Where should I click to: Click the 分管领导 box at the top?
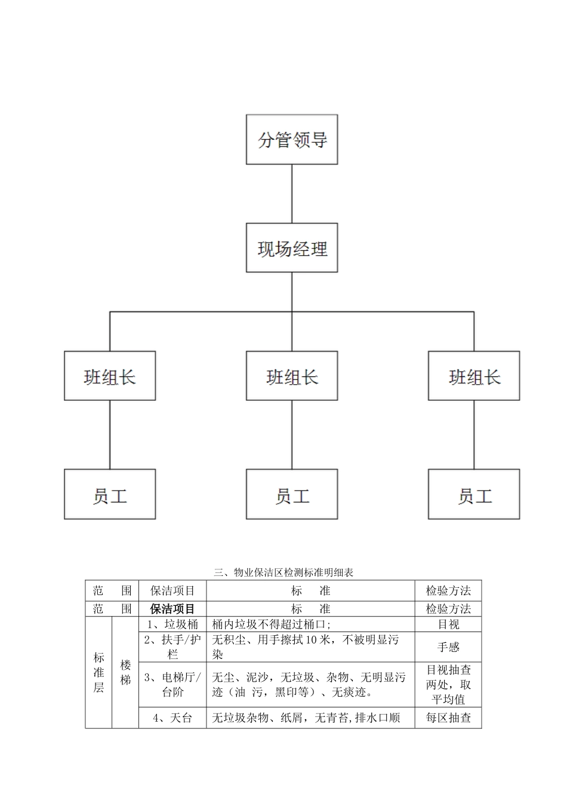pyautogui.click(x=292, y=140)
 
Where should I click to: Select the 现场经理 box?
pyautogui.click(x=292, y=248)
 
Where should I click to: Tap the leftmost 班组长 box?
pyautogui.click(x=110, y=376)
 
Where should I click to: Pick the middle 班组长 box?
pyautogui.click(x=292, y=376)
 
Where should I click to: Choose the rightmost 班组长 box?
pyautogui.click(x=474, y=376)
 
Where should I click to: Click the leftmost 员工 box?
pyautogui.click(x=110, y=494)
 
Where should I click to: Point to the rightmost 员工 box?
pyautogui.click(x=474, y=494)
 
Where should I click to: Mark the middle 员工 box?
pyautogui.click(x=292, y=494)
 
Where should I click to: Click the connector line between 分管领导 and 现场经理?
pyautogui.click(x=292, y=194)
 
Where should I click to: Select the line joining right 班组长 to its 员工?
pyautogui.click(x=474, y=434)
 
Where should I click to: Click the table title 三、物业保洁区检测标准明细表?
pyautogui.click(x=283, y=572)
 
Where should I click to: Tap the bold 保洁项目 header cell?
pyautogui.click(x=172, y=609)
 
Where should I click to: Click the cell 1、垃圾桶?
pyautogui.click(x=172, y=624)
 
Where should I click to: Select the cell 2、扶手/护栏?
pyautogui.click(x=172, y=647)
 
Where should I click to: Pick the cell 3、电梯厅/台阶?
pyautogui.click(x=172, y=685)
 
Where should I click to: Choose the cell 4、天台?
pyautogui.click(x=172, y=718)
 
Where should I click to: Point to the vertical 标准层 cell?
pyautogui.click(x=98, y=673)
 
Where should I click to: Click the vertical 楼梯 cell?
pyautogui.click(x=125, y=673)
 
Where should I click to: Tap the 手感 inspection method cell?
pyautogui.click(x=448, y=647)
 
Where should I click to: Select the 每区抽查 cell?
pyautogui.click(x=448, y=718)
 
